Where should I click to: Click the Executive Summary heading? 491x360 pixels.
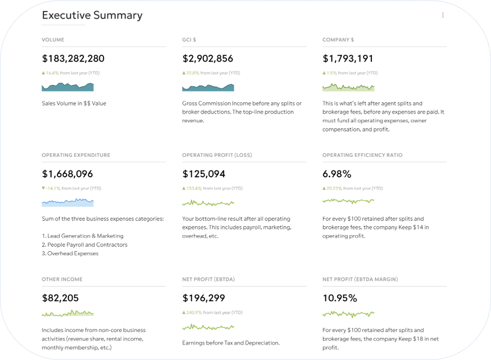point(92,15)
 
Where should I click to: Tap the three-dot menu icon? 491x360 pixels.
point(443,15)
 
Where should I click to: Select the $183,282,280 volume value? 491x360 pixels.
point(73,58)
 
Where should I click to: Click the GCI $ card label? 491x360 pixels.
point(190,40)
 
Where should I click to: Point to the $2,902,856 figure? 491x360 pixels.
point(207,58)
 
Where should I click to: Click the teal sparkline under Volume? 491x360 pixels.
point(67,87)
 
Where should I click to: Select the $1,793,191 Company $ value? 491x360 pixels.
point(348,58)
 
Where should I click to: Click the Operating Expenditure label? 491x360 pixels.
point(75,155)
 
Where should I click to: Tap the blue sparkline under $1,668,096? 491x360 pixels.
point(67,202)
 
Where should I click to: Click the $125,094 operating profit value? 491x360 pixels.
point(204,174)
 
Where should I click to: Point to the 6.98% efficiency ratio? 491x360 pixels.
point(336,174)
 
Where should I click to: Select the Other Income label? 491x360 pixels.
point(62,279)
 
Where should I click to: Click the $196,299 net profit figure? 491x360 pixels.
point(204,298)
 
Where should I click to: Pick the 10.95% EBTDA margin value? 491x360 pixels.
point(339,298)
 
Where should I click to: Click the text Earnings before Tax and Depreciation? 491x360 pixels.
point(231,342)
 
